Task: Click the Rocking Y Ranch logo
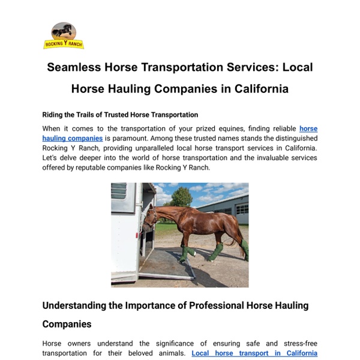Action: pos(63,35)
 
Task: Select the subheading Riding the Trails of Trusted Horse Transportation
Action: pos(120,115)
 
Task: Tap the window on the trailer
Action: pos(119,191)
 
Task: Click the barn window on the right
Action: pos(241,209)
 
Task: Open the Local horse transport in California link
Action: pos(254,353)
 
